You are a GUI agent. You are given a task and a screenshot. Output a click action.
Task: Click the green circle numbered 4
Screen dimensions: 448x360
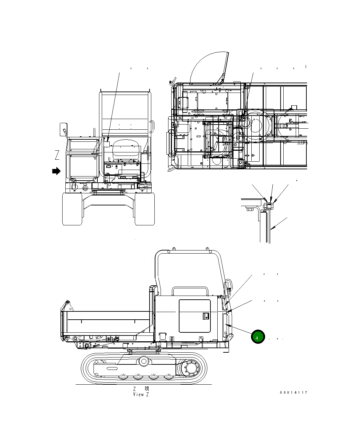click(258, 337)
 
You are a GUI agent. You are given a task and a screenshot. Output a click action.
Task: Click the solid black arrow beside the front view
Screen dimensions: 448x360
click(56, 171)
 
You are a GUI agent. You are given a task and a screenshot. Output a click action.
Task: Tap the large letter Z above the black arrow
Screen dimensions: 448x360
click(57, 155)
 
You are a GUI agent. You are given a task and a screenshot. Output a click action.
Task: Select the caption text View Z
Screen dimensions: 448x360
click(141, 394)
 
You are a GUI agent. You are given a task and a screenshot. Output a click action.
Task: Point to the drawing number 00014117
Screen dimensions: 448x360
click(293, 393)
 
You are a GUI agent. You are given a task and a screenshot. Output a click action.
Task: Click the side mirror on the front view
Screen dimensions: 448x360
click(64, 129)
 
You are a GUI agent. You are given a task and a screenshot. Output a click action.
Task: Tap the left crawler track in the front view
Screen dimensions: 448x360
click(72, 209)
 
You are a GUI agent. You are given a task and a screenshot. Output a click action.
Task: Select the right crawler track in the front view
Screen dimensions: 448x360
click(145, 209)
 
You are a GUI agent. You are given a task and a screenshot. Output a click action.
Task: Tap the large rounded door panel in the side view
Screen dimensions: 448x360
click(195, 316)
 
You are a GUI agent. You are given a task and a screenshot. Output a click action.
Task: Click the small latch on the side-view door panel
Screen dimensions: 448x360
click(206, 316)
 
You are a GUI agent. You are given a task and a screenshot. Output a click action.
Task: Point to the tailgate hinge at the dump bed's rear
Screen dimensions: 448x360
click(66, 306)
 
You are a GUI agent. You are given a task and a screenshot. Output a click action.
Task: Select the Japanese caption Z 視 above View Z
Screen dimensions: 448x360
click(141, 388)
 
